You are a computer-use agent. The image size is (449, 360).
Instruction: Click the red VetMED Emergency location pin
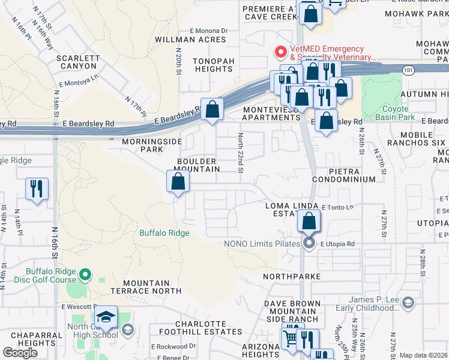280,52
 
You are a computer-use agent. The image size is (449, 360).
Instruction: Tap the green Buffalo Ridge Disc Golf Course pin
85,275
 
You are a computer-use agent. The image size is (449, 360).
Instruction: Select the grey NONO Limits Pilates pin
309,243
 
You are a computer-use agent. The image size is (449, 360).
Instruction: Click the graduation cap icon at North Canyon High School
106,317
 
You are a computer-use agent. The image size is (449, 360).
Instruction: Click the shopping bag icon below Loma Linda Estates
309,222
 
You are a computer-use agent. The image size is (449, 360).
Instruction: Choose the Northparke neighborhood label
292,277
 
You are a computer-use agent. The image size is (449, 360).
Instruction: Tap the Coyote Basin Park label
395,113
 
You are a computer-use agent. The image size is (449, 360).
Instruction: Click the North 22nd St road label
240,152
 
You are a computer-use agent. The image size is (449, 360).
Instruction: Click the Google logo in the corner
20,352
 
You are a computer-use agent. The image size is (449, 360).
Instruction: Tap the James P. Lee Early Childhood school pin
409,302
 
